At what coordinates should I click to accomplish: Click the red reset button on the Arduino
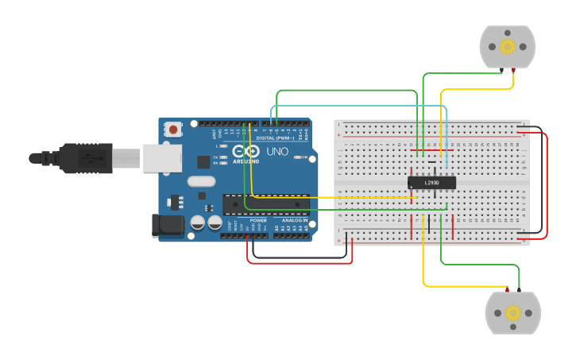173,130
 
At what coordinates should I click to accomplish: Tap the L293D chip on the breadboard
431,183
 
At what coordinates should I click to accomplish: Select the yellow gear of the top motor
507,46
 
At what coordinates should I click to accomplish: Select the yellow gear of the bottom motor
512,312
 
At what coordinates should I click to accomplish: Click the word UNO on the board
277,151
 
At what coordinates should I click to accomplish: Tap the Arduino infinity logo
246,151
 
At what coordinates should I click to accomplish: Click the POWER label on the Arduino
258,220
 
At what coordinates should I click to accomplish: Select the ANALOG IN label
294,220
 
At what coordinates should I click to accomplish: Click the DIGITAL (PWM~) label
275,137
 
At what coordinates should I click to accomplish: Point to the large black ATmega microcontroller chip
265,203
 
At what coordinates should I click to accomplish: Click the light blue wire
358,105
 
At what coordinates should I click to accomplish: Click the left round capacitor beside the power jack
197,223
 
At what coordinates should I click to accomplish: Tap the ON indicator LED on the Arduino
296,157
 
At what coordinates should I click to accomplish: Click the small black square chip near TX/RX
203,161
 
